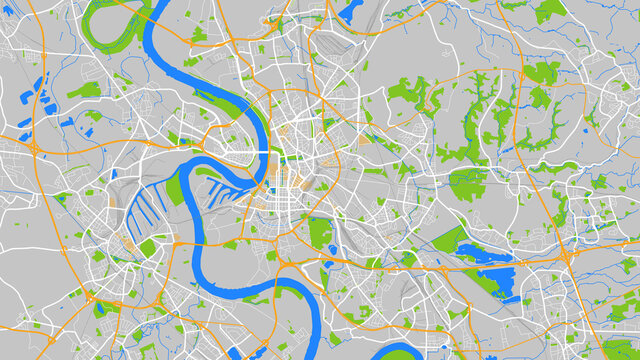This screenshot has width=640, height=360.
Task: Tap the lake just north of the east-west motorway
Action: pos(485,252)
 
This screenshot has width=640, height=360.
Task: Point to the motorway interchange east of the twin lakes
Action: pos(566,258)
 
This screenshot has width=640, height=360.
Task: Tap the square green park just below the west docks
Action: pos(148,246)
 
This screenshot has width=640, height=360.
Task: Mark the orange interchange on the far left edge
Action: pos(33,148)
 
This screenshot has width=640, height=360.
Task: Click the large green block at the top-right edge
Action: pos(550,11)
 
